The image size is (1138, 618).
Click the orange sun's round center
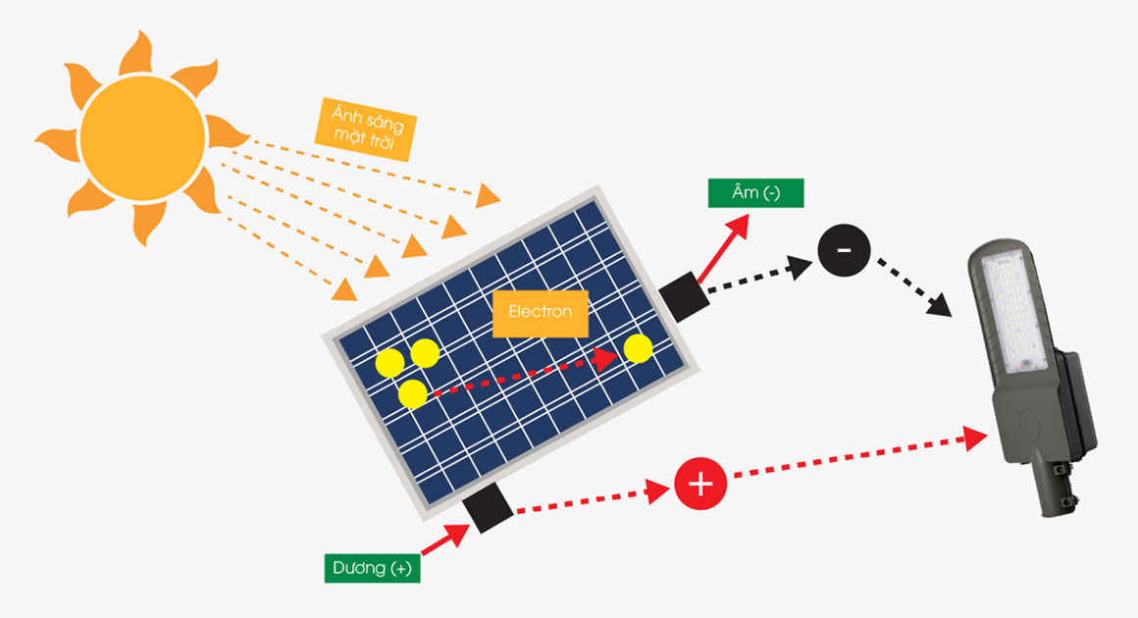click(x=142, y=137)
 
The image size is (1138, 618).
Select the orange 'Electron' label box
click(x=540, y=313)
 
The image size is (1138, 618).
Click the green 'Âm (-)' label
click(x=755, y=193)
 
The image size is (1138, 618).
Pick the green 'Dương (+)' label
click(x=372, y=568)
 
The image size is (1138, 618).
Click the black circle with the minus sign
click(x=844, y=250)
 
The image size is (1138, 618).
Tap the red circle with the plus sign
click(x=700, y=483)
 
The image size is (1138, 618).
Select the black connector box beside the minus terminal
click(x=684, y=296)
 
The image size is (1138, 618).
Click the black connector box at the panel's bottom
click(x=489, y=508)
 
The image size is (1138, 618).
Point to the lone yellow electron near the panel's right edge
click(x=638, y=348)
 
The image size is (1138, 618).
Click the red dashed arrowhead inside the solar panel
click(x=604, y=358)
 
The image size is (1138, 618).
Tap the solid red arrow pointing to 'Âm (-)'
click(x=723, y=248)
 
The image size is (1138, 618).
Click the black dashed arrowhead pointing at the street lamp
click(x=939, y=306)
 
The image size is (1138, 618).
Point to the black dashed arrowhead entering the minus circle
click(x=801, y=266)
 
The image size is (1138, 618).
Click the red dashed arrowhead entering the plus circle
click(x=658, y=491)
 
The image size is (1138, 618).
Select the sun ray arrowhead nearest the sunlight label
click(x=489, y=196)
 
